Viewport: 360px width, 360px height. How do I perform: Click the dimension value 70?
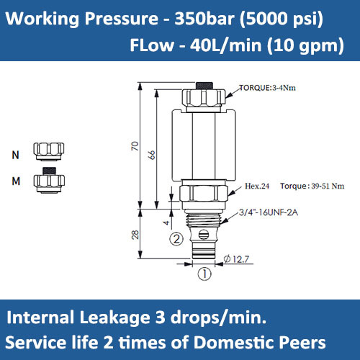point(135,147)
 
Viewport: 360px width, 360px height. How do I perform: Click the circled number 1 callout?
point(204,274)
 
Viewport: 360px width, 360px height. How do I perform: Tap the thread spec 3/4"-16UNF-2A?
point(268,212)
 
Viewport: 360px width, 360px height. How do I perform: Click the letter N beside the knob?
point(16,155)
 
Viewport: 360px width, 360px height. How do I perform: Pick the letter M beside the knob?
point(16,181)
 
